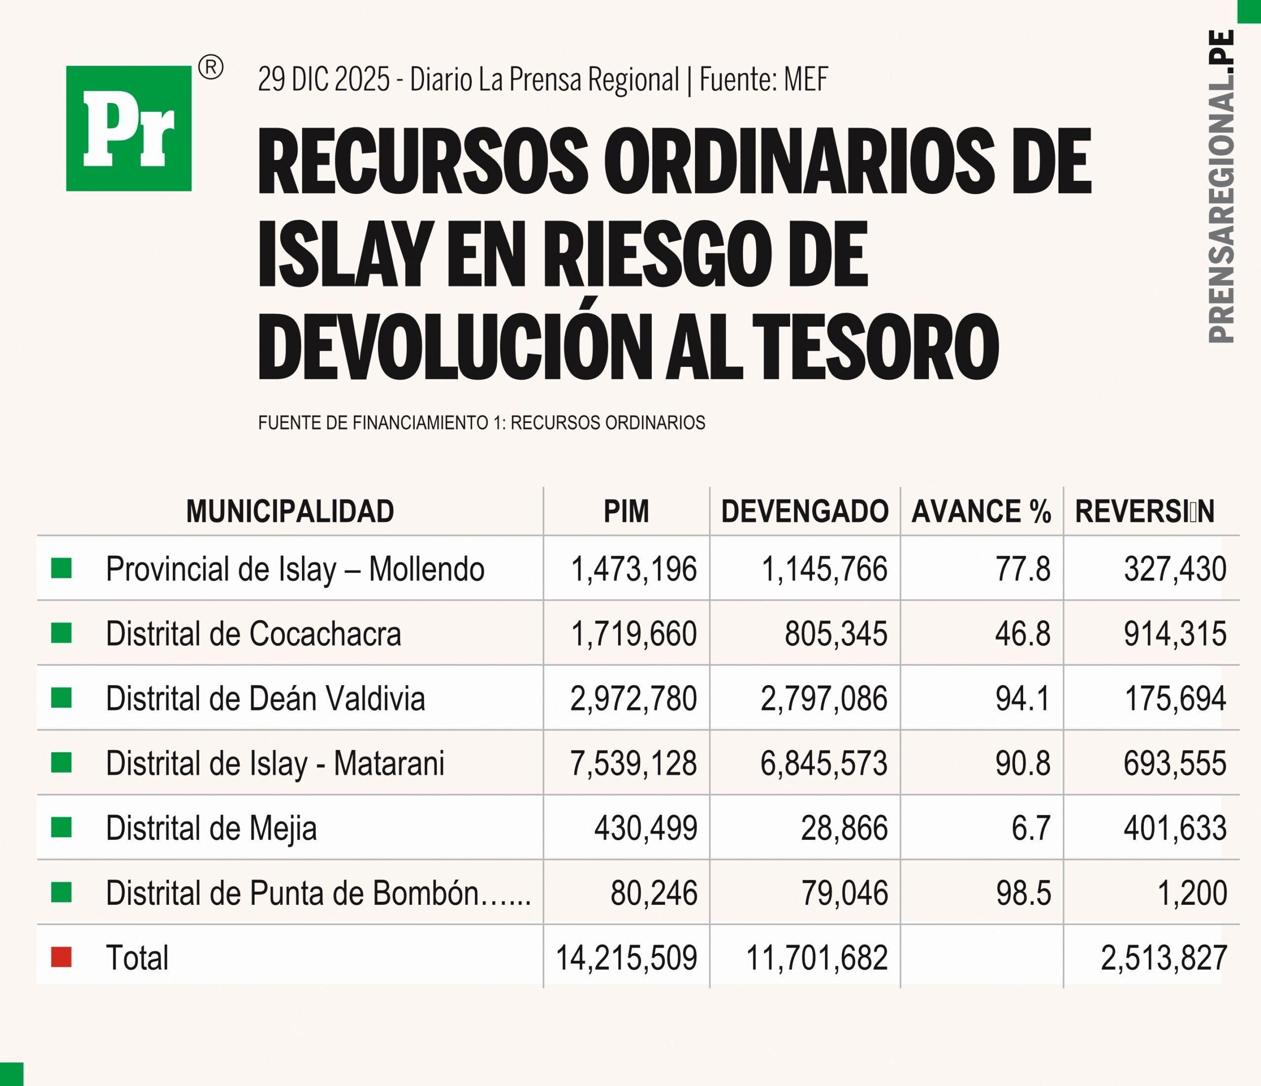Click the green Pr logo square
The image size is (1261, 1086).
click(x=129, y=129)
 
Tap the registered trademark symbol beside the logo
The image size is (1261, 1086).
click(x=210, y=67)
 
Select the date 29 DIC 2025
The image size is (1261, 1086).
click(x=323, y=79)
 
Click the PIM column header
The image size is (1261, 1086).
click(x=626, y=511)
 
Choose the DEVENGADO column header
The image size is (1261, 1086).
click(x=804, y=511)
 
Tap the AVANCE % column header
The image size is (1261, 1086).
click(x=981, y=511)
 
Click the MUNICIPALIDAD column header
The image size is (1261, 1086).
click(x=290, y=511)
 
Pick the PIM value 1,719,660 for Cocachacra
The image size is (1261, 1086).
click(x=633, y=633)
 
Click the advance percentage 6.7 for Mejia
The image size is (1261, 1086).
click(x=1031, y=828)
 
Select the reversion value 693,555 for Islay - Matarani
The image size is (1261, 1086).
click(x=1175, y=763)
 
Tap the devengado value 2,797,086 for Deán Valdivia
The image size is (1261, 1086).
click(x=824, y=698)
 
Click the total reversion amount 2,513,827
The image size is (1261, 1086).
click(x=1163, y=957)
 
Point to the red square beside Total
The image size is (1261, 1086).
click(x=62, y=957)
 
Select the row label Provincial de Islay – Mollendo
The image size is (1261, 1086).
click(x=295, y=569)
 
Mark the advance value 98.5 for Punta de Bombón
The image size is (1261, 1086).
click(x=1024, y=893)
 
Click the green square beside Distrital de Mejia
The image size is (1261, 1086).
click(x=62, y=827)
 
